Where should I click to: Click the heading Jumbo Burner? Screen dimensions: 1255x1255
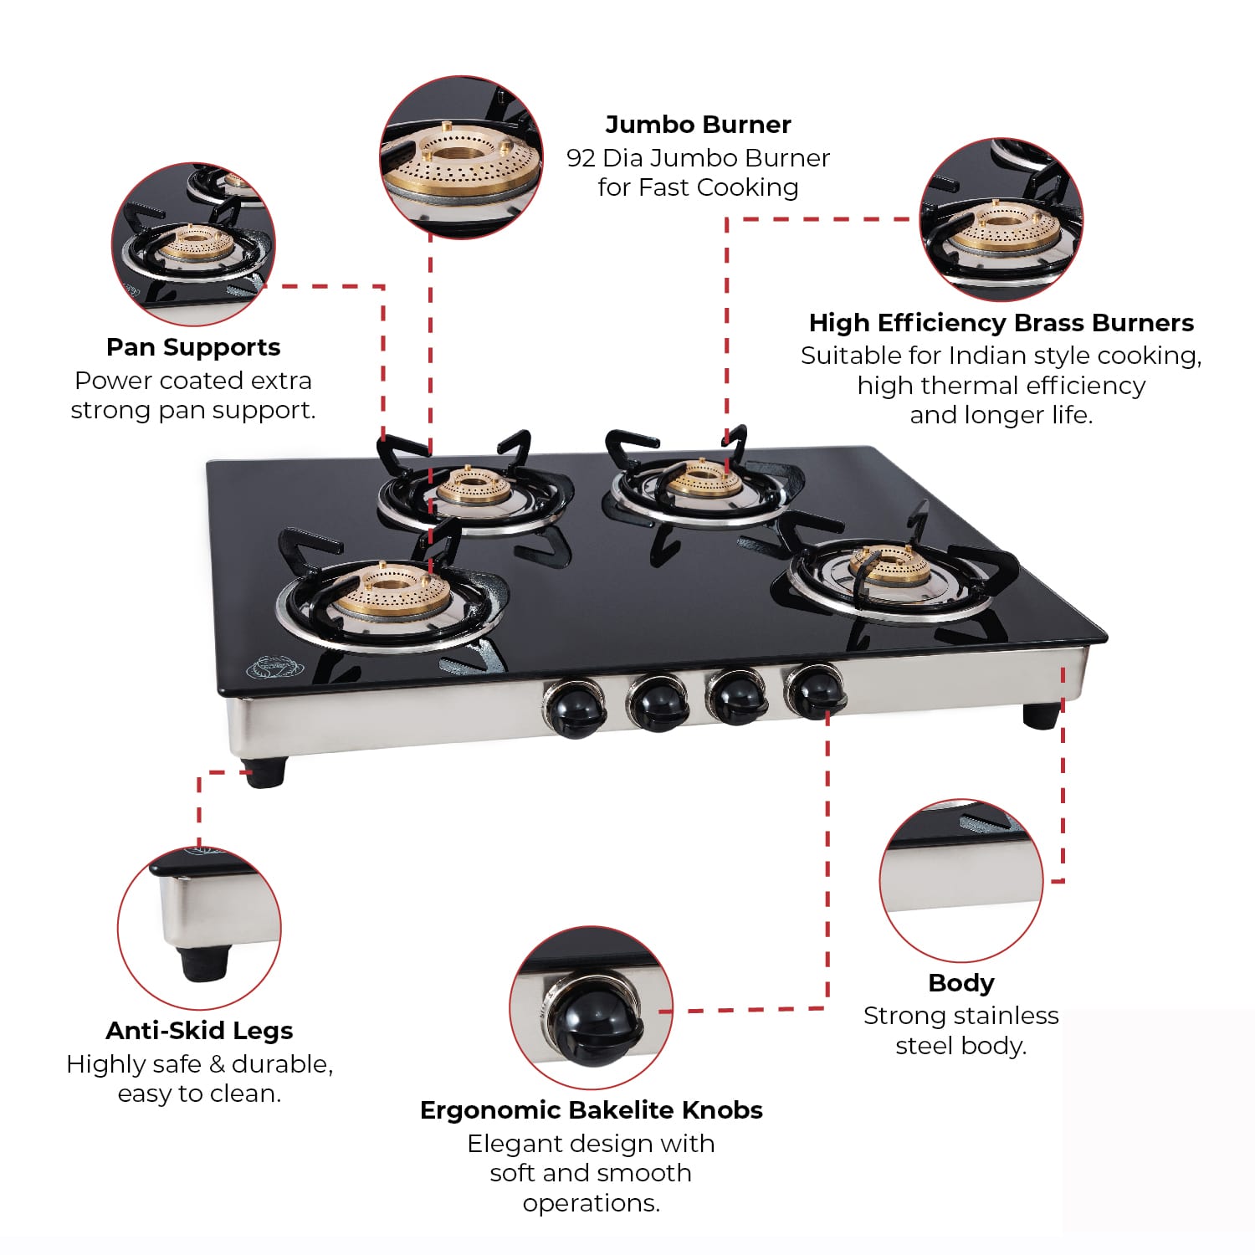[x=698, y=125]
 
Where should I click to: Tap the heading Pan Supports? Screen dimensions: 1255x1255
[x=193, y=347]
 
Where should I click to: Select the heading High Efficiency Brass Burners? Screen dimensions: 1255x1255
[x=1001, y=323]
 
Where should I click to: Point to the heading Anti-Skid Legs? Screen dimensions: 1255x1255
[x=199, y=1031]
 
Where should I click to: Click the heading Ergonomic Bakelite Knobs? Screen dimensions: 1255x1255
[x=592, y=1110]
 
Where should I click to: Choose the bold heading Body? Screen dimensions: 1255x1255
[x=961, y=983]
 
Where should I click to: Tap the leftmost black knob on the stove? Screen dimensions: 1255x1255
[x=575, y=708]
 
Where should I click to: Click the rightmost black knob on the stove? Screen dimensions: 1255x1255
[x=815, y=691]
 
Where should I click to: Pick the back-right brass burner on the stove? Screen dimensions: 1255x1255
[x=703, y=479]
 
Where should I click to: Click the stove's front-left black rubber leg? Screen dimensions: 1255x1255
[x=265, y=771]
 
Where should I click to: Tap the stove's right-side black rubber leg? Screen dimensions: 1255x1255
[x=1042, y=715]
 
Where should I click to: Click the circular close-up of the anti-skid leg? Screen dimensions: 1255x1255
[x=199, y=929]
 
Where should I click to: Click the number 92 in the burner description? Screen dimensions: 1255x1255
[x=581, y=158]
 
